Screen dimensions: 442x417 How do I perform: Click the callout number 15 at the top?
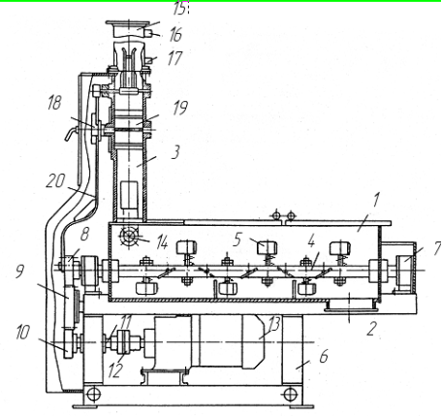[x=180, y=9]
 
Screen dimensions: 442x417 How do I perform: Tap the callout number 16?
[x=175, y=35]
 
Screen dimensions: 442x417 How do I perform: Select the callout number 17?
[x=174, y=58]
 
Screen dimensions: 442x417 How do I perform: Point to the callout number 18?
[x=54, y=103]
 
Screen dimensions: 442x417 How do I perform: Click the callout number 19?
[x=180, y=108]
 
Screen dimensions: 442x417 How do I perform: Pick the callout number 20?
[x=55, y=181]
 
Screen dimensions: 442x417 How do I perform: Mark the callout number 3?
[x=175, y=151]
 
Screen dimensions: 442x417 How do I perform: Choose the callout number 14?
[x=162, y=242]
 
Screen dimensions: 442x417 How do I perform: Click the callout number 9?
[x=19, y=271]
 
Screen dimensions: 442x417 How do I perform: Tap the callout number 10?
[x=22, y=332]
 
